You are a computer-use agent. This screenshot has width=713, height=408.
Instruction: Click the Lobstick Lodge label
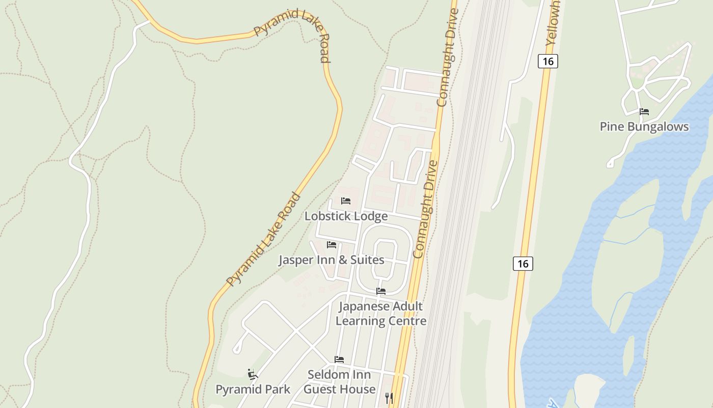tap(346, 216)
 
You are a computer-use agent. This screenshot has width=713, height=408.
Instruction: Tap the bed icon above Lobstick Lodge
tap(346, 200)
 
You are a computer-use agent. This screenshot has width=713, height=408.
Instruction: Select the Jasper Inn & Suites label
tap(331, 260)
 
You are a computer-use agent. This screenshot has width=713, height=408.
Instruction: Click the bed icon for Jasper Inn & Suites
tap(332, 245)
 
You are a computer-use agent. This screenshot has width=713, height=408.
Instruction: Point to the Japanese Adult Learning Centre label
tap(381, 314)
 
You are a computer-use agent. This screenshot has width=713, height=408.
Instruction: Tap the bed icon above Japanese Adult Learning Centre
tap(380, 291)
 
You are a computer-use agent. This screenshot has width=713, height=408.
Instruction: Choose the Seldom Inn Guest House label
tap(339, 382)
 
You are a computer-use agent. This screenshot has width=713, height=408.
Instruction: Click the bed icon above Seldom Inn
tap(339, 360)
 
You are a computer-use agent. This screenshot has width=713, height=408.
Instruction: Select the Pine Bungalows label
tap(644, 127)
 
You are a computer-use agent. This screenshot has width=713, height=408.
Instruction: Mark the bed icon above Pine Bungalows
tap(644, 111)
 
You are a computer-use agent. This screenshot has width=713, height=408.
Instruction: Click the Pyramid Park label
tap(253, 390)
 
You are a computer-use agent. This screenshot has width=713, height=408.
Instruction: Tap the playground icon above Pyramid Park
tap(252, 374)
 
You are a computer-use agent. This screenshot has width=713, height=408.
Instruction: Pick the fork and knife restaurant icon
tap(389, 398)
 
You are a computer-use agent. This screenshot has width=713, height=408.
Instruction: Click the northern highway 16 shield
tap(548, 61)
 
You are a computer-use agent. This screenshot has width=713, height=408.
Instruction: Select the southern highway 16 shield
tap(523, 264)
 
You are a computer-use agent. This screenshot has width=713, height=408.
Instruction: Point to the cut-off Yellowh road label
tap(553, 23)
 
